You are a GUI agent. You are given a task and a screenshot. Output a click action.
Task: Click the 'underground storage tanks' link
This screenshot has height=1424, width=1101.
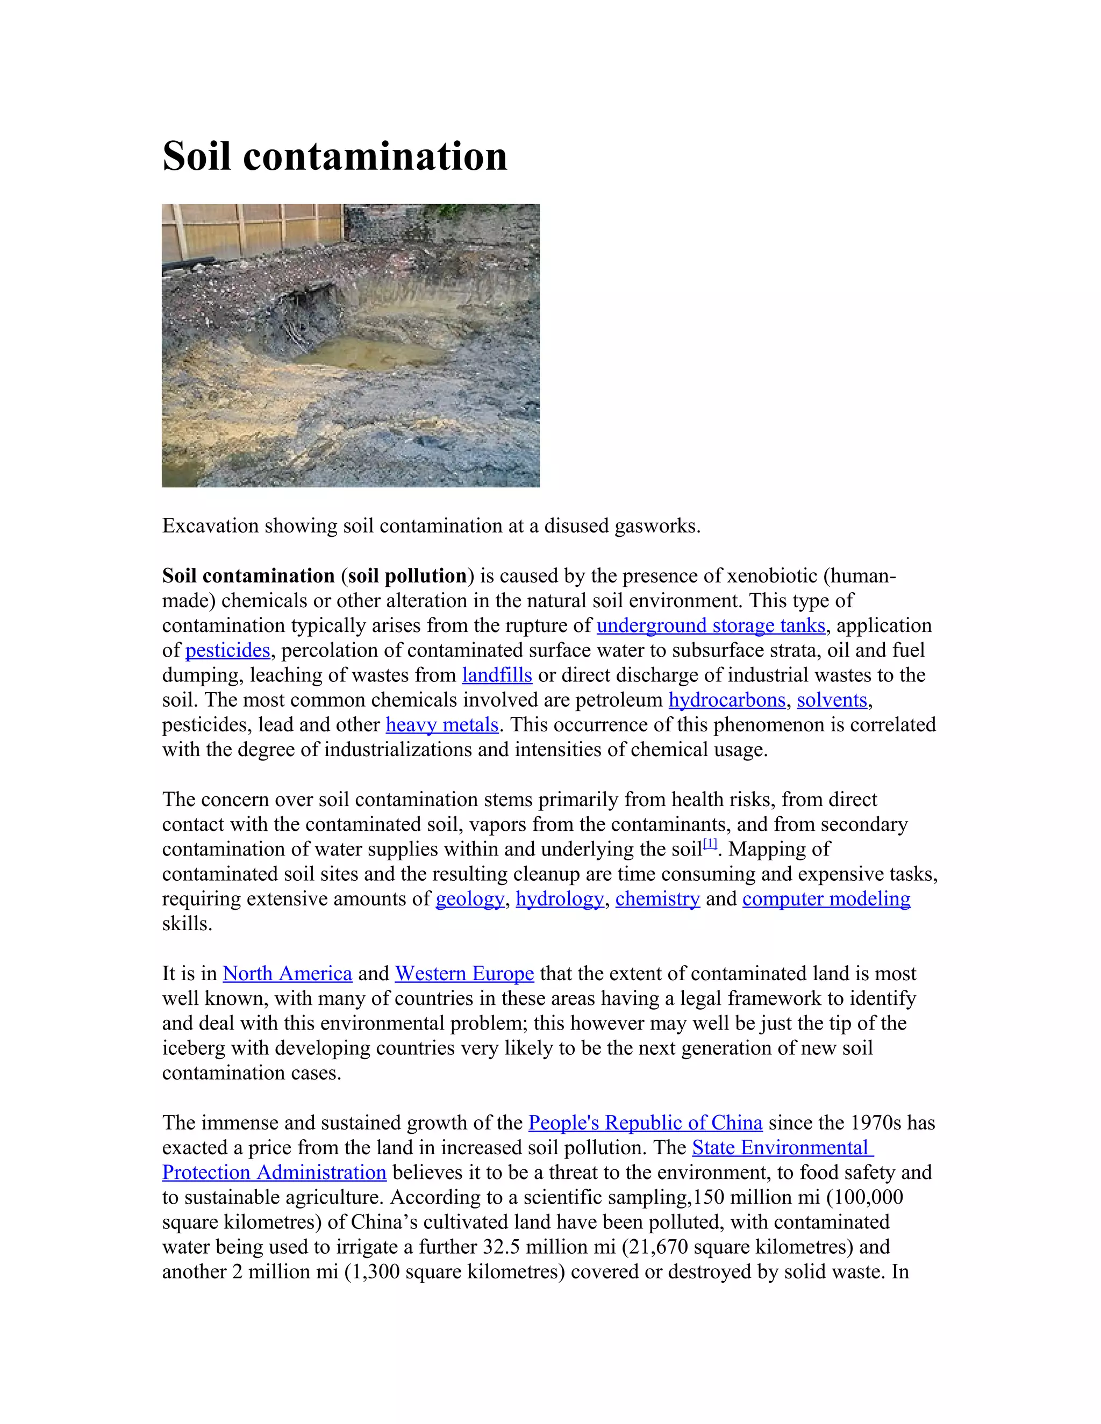click(711, 626)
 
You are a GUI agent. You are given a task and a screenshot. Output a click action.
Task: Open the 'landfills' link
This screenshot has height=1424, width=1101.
click(497, 675)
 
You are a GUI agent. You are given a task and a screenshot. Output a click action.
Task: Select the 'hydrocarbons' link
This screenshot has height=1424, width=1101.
click(727, 700)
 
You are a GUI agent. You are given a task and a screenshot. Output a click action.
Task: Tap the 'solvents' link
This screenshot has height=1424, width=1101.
click(832, 700)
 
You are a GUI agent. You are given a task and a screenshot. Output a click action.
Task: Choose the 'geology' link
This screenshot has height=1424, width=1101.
click(470, 899)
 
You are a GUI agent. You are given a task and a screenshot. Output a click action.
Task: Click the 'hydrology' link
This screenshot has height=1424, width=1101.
click(560, 899)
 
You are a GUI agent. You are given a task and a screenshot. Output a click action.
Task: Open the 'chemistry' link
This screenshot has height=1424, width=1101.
click(657, 899)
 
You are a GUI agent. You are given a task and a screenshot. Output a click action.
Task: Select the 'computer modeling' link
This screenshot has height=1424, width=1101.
click(826, 899)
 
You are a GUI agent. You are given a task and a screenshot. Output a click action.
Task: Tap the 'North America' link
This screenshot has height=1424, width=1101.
click(287, 974)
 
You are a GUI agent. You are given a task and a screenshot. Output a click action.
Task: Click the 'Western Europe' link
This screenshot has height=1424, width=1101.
click(464, 974)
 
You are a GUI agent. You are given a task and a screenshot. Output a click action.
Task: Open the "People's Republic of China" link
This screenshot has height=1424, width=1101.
click(645, 1124)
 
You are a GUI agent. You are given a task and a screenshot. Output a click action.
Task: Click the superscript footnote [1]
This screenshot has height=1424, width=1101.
click(710, 844)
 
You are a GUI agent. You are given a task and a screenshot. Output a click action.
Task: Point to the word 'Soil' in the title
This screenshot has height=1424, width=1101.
click(196, 156)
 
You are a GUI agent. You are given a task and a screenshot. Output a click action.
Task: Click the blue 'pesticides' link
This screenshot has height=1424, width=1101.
click(227, 651)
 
